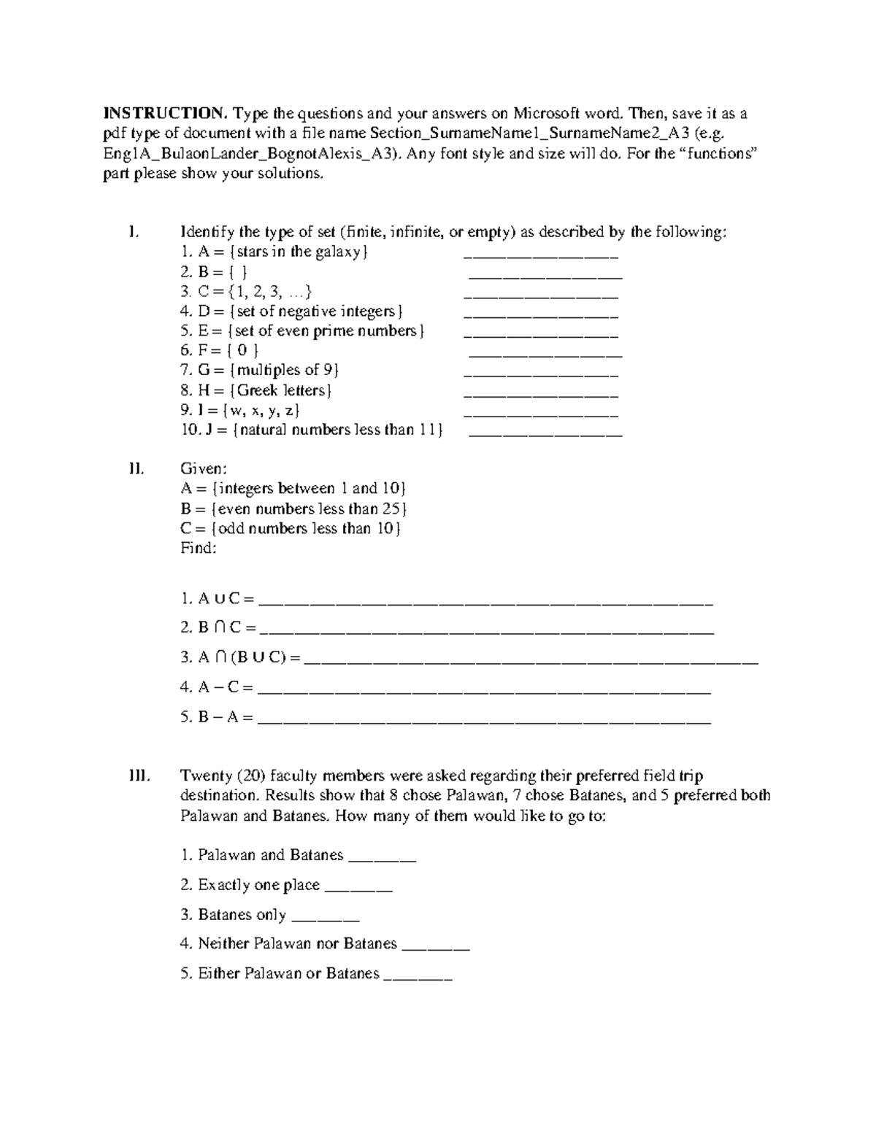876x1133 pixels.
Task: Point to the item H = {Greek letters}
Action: [x=256, y=390]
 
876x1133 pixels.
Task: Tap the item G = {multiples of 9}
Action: [x=260, y=371]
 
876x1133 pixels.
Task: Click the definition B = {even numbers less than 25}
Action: [x=293, y=509]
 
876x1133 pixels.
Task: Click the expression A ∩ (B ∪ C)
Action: [x=240, y=657]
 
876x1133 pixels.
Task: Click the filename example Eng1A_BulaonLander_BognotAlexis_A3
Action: [x=252, y=154]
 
